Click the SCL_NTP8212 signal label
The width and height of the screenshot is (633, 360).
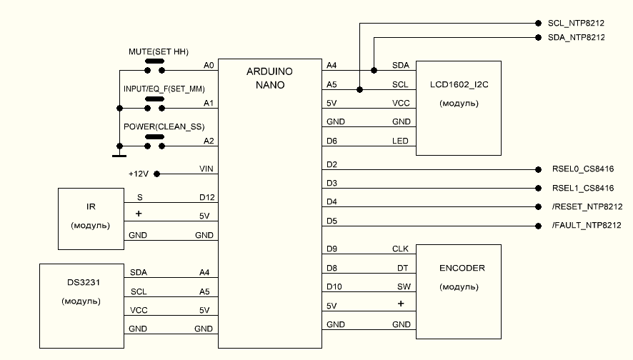click(576, 23)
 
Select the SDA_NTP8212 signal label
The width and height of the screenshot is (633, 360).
click(576, 37)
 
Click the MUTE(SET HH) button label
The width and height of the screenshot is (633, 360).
click(154, 52)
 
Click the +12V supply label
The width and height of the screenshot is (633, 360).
click(139, 174)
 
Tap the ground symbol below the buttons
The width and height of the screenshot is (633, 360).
click(118, 154)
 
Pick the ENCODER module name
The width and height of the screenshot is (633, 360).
click(462, 269)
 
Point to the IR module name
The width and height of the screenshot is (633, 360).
click(91, 207)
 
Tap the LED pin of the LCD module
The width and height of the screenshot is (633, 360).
click(401, 141)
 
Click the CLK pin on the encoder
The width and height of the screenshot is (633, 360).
click(400, 250)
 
